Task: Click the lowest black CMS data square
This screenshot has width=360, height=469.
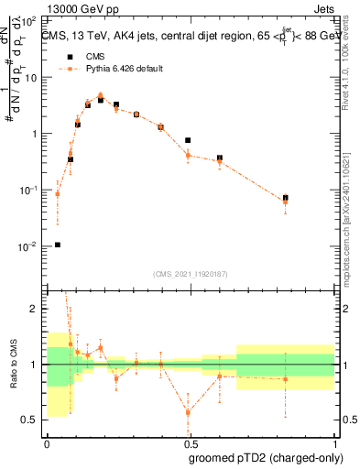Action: [58, 245]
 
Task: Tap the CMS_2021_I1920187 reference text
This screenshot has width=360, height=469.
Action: [191, 273]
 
